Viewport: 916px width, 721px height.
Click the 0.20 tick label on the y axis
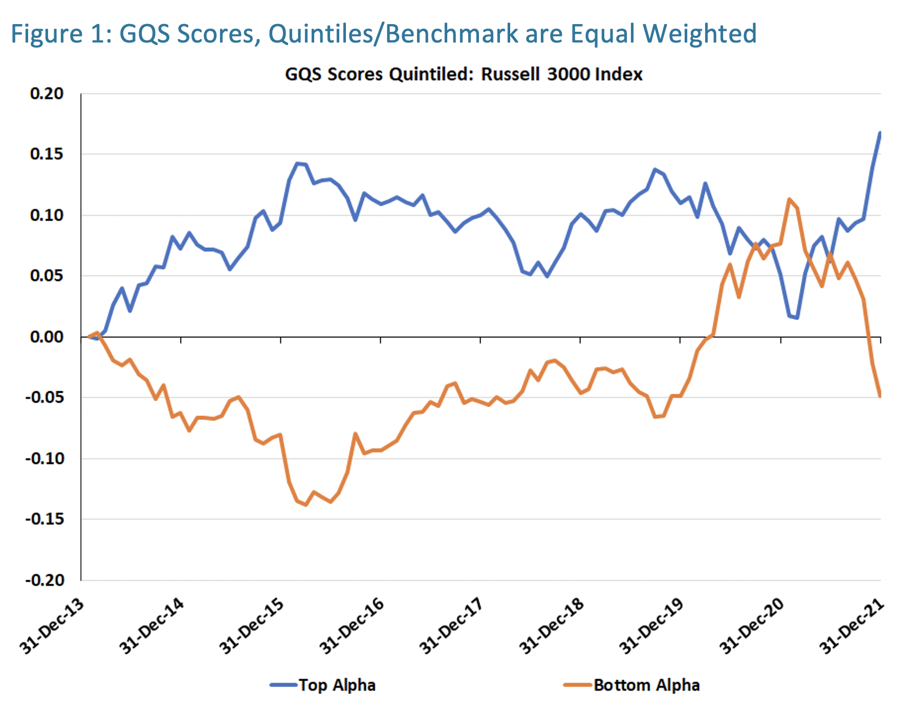(47, 94)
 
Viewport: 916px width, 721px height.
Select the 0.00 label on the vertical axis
(47, 337)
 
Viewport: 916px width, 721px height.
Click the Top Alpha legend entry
(336, 685)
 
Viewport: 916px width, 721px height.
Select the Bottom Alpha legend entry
(646, 685)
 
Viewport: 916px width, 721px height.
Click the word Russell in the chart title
(510, 74)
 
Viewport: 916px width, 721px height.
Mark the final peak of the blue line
(880, 133)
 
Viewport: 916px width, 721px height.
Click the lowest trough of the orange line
(306, 505)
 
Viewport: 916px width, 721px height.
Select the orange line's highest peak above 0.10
(789, 199)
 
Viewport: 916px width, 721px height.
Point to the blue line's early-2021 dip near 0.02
(797, 318)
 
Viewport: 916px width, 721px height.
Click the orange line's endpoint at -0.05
(880, 396)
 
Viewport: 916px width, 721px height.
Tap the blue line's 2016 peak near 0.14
(297, 163)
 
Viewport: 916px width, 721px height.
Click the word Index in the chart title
(619, 74)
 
